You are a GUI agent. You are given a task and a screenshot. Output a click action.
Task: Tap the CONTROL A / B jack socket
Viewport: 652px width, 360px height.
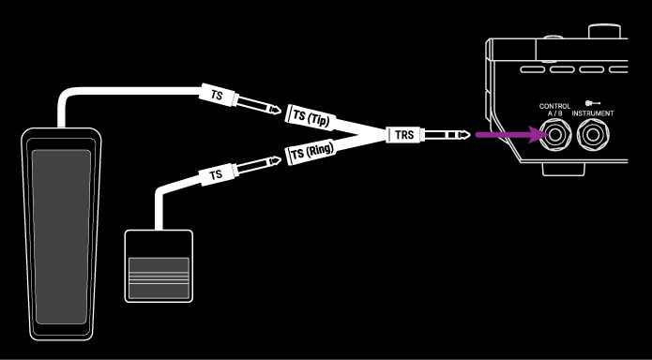[556, 137]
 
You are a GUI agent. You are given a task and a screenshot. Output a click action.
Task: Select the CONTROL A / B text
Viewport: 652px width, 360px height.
[555, 110]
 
